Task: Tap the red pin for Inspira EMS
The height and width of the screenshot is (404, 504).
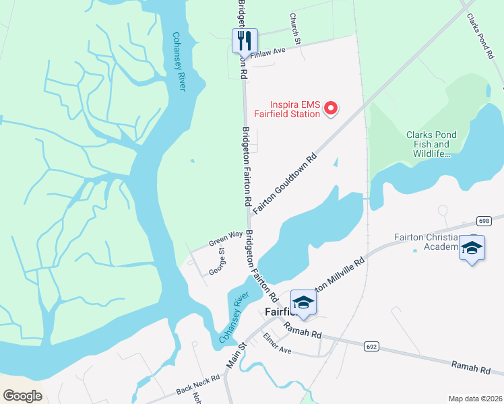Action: [x=331, y=108]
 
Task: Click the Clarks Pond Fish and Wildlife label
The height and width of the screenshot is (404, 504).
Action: [x=431, y=144]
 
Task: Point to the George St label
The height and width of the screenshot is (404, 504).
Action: [x=217, y=261]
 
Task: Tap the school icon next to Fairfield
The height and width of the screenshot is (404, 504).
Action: [x=303, y=303]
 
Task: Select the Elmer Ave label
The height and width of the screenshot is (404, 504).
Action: [x=277, y=343]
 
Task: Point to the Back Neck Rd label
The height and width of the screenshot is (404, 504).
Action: [x=198, y=384]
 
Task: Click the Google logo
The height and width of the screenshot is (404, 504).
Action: [x=22, y=396]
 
